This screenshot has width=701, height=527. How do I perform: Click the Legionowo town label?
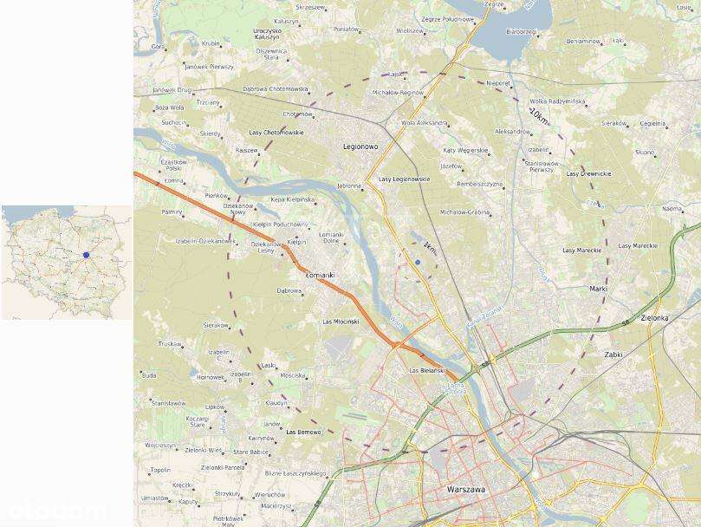[x=360, y=146]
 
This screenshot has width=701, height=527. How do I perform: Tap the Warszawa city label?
[x=465, y=490]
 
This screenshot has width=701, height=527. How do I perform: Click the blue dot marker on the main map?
[x=418, y=262]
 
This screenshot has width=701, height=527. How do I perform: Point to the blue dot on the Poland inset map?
[x=86, y=255]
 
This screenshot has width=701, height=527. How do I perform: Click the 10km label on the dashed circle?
[x=539, y=114]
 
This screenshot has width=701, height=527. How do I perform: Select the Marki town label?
[x=598, y=289]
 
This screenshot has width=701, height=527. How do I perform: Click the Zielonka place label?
[x=654, y=318]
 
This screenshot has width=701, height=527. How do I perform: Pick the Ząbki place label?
[x=613, y=355]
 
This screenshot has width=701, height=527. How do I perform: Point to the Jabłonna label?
[x=349, y=185]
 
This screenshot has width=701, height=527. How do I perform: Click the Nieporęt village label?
[x=498, y=83]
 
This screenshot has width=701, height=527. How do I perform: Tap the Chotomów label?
[x=297, y=114]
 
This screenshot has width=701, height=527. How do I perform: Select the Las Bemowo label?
[x=303, y=432]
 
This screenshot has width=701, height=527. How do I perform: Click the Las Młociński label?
[x=341, y=322]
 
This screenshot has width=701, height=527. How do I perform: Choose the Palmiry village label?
[x=172, y=211]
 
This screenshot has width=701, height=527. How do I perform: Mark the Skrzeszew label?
[x=310, y=7]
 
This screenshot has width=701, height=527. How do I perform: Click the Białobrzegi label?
[x=522, y=31]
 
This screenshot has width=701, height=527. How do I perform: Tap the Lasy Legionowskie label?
[x=404, y=179]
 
